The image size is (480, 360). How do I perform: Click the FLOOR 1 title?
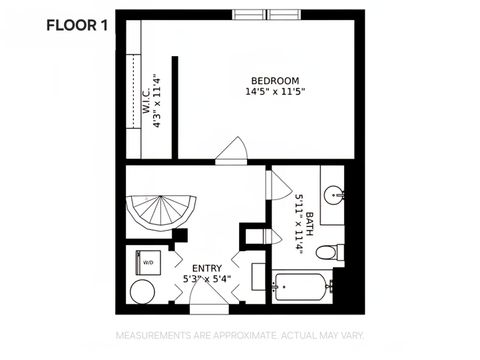tap(76, 26)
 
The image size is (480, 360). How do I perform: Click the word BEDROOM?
tap(274, 80)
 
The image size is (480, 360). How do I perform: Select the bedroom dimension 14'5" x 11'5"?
tap(274, 92)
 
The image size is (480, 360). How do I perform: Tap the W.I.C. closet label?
tap(145, 104)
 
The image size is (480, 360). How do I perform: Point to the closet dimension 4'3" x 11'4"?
tap(158, 104)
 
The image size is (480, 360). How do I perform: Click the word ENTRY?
tap(206, 267)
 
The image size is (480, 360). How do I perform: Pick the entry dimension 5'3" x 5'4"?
tap(206, 279)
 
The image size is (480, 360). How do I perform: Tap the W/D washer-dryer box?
tap(147, 262)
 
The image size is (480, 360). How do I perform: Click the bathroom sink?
tap(333, 193)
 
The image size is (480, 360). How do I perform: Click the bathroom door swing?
tap(274, 186)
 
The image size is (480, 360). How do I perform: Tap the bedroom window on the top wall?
tap(265, 14)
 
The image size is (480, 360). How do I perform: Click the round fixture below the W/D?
tap(143, 292)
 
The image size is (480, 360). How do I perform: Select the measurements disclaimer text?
tap(239, 335)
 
